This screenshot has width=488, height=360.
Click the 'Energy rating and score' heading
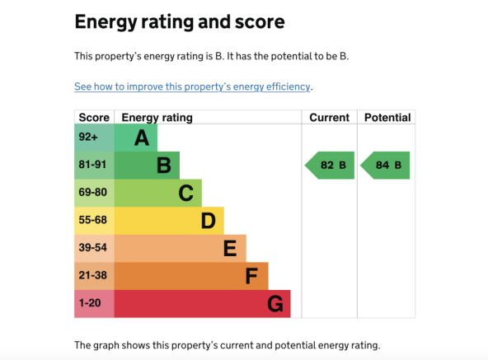180,22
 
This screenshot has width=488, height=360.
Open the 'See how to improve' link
192,86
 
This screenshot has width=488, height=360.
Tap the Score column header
94,118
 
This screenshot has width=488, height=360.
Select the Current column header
329,118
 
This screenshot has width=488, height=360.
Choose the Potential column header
387,118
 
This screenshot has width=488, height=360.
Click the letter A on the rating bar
142,138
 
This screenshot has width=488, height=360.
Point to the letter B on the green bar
164,166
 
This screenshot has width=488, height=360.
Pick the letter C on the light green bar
185,193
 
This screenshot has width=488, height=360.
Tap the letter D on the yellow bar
208,221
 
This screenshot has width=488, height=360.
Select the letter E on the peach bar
230,248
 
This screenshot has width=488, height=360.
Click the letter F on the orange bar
251,276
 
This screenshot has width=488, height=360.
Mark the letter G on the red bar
275,304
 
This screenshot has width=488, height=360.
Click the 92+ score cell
94,138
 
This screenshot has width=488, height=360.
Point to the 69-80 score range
94,193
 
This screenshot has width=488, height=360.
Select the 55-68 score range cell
94,221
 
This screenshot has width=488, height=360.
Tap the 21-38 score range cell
94,276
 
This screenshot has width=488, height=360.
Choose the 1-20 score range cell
94,304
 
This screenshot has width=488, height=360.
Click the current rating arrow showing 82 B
330,166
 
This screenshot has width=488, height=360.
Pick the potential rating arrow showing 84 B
385,166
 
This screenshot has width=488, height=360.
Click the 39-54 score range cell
94,248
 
